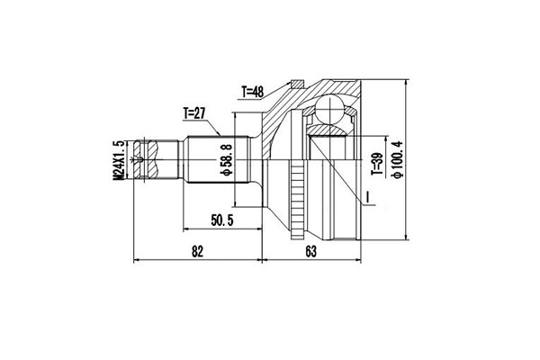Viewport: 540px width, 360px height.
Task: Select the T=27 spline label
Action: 195,113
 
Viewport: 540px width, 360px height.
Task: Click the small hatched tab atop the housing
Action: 292,86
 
